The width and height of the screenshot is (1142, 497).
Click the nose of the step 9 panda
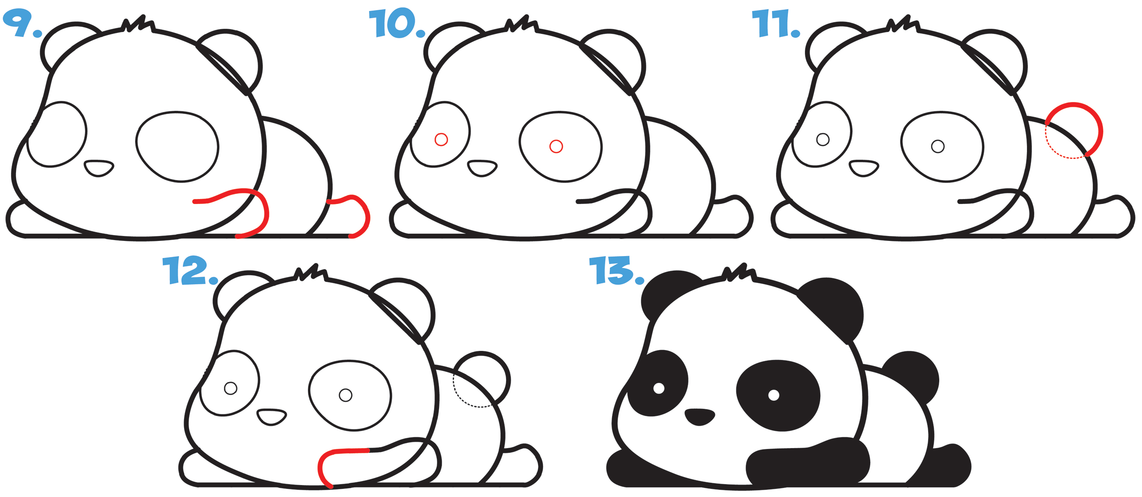[x=99, y=168]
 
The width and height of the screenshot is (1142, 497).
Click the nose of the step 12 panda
[x=271, y=417]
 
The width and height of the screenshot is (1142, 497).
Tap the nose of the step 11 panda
[x=863, y=168]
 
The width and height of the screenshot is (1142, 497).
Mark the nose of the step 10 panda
[x=482, y=168]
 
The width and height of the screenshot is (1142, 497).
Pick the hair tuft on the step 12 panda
[x=312, y=272]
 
